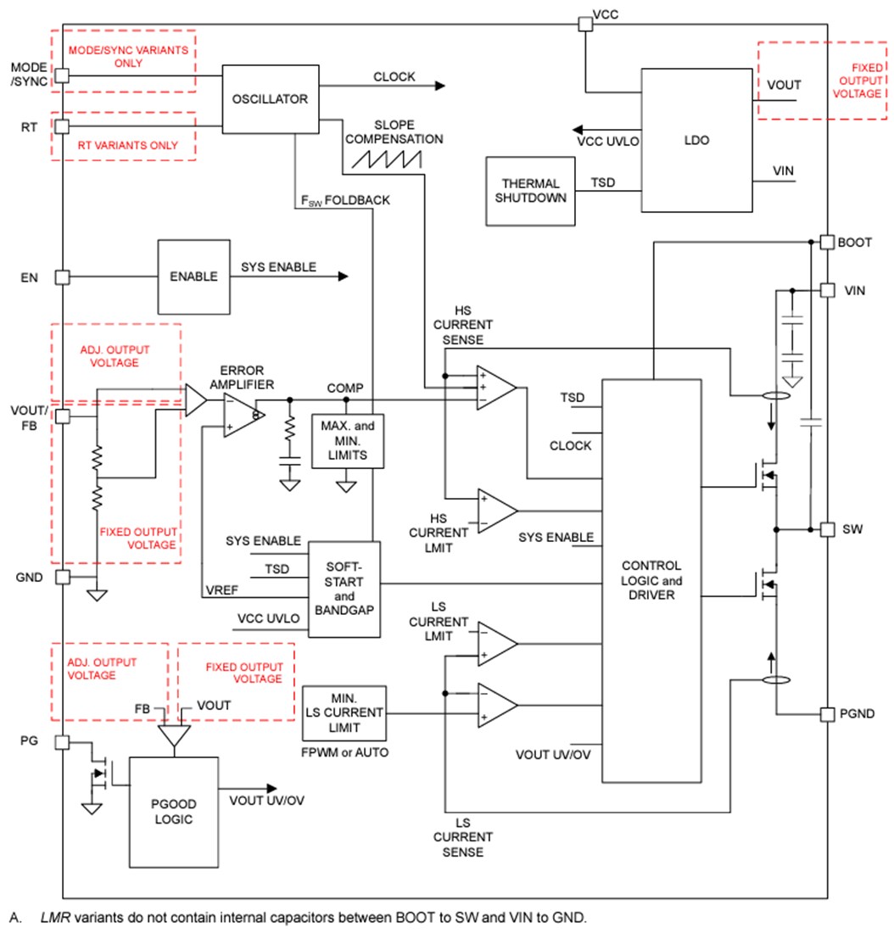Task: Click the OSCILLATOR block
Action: [x=271, y=98]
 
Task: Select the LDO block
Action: [x=696, y=140]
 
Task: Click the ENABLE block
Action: [x=193, y=277]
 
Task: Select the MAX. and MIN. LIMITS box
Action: [x=347, y=440]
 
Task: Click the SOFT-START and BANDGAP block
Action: [x=344, y=589]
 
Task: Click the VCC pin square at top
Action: [x=585, y=24]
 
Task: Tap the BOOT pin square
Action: [x=827, y=242]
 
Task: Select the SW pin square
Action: [x=827, y=528]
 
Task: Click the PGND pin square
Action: [x=827, y=714]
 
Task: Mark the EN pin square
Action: [x=62, y=277]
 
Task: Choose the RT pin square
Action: [x=62, y=126]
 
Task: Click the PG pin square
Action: [x=62, y=742]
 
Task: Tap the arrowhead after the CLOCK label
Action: [x=439, y=85]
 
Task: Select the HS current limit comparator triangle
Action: [x=497, y=511]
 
